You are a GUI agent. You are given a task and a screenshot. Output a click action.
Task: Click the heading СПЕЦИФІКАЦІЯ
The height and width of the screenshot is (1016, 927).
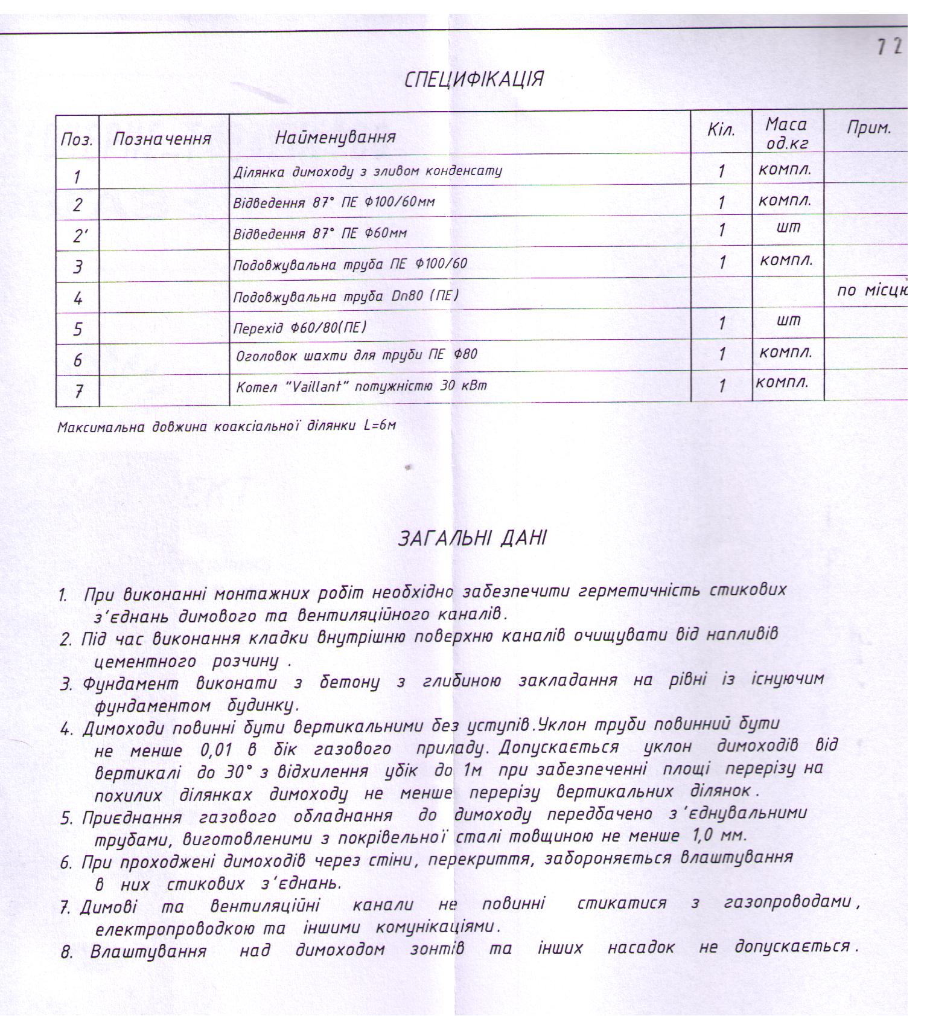(474, 79)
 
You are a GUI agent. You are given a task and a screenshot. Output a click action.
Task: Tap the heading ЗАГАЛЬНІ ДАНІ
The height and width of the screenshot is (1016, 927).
(473, 538)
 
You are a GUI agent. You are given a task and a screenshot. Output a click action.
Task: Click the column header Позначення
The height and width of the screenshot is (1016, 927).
(162, 139)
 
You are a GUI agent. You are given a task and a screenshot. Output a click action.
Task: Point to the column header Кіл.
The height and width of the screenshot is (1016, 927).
(721, 130)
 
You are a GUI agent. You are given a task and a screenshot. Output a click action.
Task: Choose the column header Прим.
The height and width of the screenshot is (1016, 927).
(868, 127)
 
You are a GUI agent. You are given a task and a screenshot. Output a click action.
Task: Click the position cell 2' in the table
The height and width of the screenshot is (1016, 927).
(78, 235)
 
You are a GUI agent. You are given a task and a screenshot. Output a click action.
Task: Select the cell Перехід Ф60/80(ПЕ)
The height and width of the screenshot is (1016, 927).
(299, 327)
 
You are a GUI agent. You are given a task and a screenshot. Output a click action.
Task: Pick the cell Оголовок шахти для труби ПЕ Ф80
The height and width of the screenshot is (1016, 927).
(356, 354)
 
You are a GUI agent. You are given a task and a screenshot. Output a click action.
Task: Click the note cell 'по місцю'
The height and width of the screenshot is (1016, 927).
(872, 290)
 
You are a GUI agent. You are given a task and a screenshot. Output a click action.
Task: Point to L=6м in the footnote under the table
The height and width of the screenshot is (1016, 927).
(380, 426)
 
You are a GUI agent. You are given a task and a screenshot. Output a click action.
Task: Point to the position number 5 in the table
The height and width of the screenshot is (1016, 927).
(78, 329)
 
